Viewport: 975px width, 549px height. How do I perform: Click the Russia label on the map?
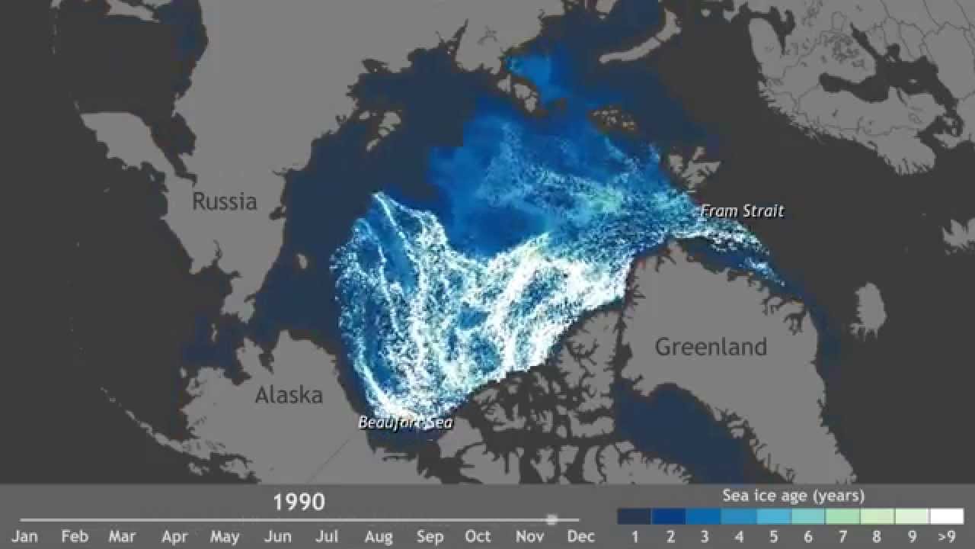point(224,201)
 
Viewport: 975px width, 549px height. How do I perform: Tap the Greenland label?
point(711,347)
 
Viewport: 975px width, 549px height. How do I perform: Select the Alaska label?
point(289,395)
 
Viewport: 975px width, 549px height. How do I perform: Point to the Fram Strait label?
point(742,211)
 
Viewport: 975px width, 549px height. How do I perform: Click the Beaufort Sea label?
point(405,422)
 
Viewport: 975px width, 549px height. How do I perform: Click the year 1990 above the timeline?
point(299,502)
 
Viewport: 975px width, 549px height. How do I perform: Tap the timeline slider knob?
point(552,519)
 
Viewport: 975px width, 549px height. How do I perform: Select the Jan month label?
point(24,537)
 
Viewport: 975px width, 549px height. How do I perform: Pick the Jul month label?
point(327,537)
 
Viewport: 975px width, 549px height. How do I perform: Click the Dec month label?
point(581,537)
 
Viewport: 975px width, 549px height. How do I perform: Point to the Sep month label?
point(430,537)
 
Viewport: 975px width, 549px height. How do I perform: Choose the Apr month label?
point(174,537)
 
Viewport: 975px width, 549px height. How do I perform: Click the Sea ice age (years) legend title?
point(793,496)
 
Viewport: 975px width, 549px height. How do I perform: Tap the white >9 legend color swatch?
point(947,516)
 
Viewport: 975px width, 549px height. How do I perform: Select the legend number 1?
point(635,537)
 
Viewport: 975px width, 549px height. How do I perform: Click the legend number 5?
point(774,537)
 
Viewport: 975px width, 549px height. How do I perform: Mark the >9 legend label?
point(947,537)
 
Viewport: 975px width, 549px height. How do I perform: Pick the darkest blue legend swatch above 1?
point(635,516)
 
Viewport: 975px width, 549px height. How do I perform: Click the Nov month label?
point(530,537)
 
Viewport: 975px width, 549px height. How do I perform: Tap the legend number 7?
point(843,537)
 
